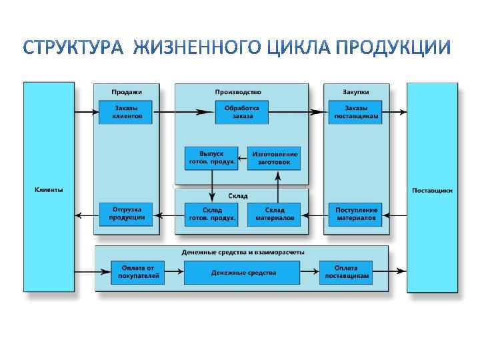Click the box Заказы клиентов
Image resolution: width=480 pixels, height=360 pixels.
tap(125, 112)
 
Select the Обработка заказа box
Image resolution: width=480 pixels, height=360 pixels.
tap(242, 112)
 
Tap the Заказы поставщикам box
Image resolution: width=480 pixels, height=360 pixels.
tap(355, 112)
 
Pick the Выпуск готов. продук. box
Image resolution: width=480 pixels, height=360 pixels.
tap(211, 158)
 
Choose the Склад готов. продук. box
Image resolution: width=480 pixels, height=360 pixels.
tap(211, 214)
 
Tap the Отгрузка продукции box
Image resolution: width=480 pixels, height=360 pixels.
tap(125, 214)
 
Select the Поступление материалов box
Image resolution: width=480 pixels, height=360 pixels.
tap(355, 214)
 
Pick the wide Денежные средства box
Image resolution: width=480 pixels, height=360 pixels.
tap(242, 273)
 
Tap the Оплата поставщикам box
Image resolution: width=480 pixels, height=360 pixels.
tap(346, 272)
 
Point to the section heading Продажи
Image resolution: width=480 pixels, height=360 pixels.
tap(126, 92)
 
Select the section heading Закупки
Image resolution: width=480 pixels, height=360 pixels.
tap(356, 92)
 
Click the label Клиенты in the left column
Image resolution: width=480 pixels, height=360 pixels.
tap(49, 190)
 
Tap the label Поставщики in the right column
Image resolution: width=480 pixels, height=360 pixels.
tap(432, 190)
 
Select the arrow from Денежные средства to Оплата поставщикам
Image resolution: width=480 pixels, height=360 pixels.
tap(309, 272)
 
